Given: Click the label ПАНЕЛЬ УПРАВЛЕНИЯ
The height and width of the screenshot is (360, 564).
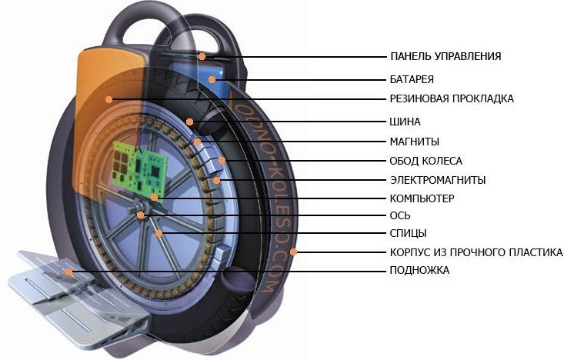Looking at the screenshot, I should point(446,56).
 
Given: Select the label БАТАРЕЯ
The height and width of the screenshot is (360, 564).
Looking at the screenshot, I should point(412,78).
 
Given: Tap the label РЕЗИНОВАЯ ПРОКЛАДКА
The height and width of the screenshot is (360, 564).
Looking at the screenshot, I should point(452,98).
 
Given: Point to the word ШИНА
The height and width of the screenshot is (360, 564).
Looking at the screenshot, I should point(405,122).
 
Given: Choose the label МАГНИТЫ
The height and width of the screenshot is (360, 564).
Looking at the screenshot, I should point(414,142).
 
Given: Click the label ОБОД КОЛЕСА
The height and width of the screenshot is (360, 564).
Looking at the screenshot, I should point(426,161).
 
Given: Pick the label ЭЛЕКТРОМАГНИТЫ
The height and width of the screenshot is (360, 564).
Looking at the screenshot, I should point(437,180).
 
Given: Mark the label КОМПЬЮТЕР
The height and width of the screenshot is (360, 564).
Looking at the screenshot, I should point(422,198).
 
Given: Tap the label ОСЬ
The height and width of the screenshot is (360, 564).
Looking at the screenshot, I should point(400,215).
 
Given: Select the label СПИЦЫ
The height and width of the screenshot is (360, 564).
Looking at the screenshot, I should point(408,233).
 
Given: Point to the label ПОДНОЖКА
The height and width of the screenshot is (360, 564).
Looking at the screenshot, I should point(419,271).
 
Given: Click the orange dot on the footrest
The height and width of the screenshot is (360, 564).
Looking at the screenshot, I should point(69,272).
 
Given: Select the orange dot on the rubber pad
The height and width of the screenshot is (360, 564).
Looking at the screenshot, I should point(110,98).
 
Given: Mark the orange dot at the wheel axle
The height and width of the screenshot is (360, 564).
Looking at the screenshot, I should point(140,215).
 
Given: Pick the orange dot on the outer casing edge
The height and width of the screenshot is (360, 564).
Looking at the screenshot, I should point(294,252).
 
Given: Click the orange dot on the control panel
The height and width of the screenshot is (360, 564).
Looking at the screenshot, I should point(202,56).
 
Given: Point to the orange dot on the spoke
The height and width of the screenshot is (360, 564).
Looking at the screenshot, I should point(159,233).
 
